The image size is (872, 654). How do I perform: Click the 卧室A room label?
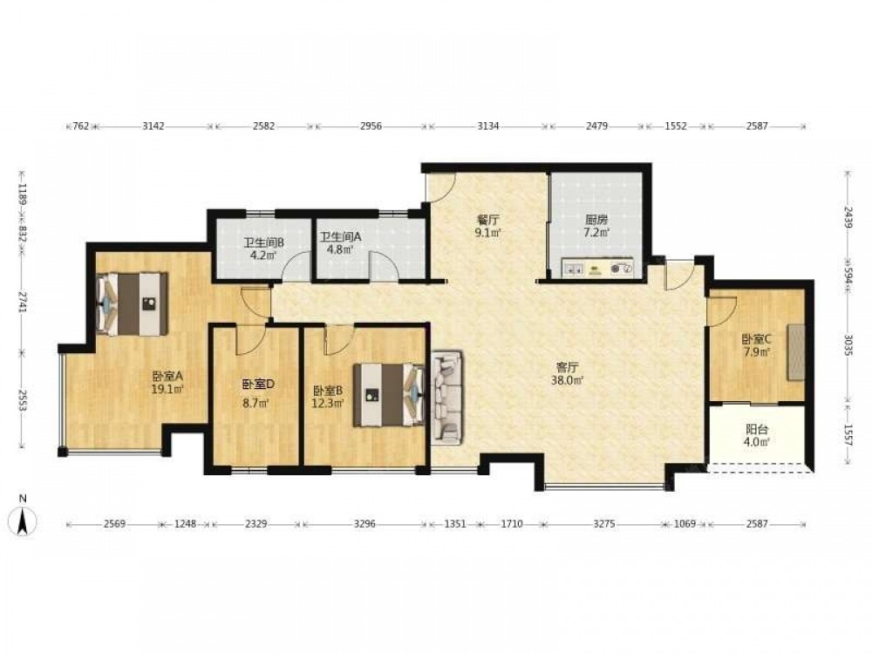tap(167, 375)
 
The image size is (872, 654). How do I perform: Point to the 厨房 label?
tap(596, 220)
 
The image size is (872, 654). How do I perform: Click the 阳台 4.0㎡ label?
tap(757, 435)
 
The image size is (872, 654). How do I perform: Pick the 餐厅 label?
tap(487, 220)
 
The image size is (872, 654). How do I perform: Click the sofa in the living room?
tap(446, 397)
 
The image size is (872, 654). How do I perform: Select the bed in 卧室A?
tap(133, 303)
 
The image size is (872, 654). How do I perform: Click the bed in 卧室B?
tap(388, 395)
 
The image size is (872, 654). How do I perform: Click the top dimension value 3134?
tap(487, 126)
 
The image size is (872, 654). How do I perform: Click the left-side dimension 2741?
tap(24, 301)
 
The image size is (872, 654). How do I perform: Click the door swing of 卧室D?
tap(249, 340)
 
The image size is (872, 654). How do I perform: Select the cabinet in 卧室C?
tap(796, 352)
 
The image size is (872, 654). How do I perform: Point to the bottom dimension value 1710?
tap(512, 524)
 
